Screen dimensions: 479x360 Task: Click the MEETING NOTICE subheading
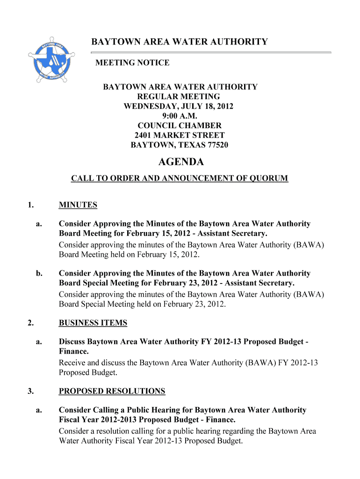pyautogui.click(x=132, y=63)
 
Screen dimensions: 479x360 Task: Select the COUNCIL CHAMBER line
pyautogui.click(x=180, y=126)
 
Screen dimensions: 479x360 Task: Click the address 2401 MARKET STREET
pyautogui.click(x=180, y=136)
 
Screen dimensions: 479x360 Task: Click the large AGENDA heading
pyautogui.click(x=181, y=162)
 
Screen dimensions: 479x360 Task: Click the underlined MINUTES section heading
pyautogui.click(x=78, y=205)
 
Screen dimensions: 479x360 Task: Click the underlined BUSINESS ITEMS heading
pyautogui.click(x=93, y=323)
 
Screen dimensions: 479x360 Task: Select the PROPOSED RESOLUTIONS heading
pyautogui.click(x=112, y=391)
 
